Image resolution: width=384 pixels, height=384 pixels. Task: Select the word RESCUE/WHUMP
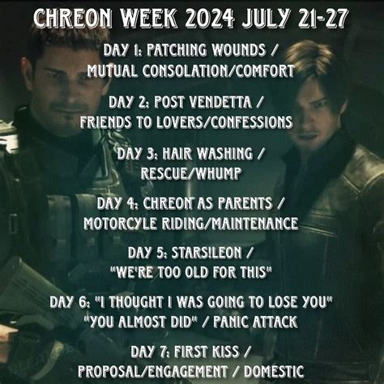click(192, 173)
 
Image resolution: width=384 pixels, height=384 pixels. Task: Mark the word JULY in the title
click(267, 16)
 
